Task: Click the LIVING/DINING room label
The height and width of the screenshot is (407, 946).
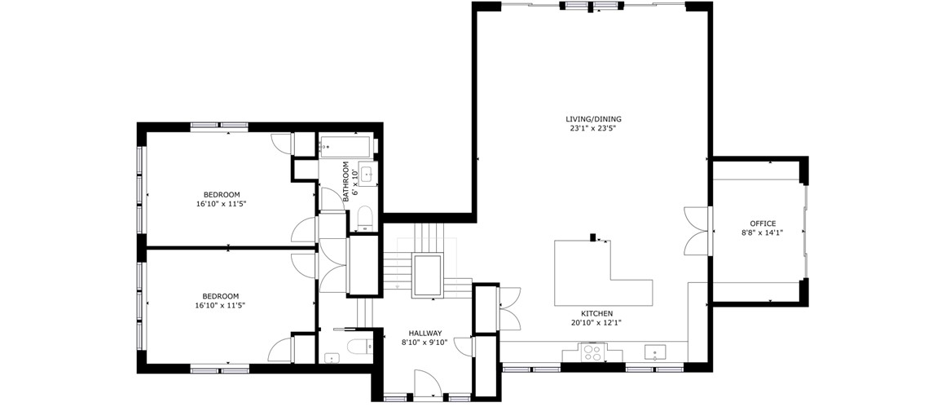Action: coord(593,119)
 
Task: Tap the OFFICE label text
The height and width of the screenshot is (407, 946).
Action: coord(763,223)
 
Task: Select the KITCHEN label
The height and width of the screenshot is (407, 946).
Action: coord(597,313)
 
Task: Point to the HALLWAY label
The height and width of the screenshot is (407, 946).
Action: coord(425,333)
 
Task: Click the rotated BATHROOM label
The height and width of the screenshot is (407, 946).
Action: coord(346,182)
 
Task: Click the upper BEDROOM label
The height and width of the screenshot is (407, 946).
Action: coord(222,194)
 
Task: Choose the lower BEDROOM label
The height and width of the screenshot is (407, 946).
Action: coord(220,296)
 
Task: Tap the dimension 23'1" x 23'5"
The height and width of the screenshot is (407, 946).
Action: coord(593,128)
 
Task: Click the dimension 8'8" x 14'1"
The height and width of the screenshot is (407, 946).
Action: coord(763,232)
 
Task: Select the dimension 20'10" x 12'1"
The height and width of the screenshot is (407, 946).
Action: coord(597,322)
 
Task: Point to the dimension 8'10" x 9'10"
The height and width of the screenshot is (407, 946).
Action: coord(425,342)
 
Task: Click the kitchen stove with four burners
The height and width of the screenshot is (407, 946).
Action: coord(591,352)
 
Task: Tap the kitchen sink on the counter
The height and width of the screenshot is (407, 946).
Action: coord(655,352)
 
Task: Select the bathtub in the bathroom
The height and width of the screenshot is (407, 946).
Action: coord(347,146)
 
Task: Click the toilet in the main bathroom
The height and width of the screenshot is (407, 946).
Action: coord(365,219)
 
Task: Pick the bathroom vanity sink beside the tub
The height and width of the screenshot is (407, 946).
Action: coord(366,173)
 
